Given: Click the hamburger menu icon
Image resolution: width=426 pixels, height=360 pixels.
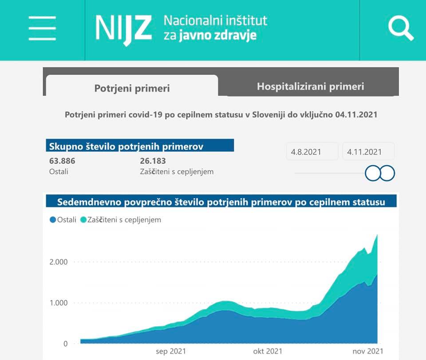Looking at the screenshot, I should click(x=42, y=29).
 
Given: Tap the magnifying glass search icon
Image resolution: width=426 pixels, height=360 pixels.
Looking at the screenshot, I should click(x=401, y=29).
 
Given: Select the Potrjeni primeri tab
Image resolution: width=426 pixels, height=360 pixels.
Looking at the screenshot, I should click(x=132, y=88).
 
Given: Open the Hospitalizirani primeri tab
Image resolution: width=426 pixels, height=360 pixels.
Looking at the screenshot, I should click(x=310, y=86).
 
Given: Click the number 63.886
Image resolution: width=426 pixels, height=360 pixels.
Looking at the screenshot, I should click(x=62, y=161).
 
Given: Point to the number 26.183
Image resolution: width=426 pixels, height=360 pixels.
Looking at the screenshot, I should click(x=153, y=161).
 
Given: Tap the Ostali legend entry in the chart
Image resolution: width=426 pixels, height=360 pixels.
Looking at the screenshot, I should click(x=63, y=219).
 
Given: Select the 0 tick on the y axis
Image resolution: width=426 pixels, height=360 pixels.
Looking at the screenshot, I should click(x=65, y=344).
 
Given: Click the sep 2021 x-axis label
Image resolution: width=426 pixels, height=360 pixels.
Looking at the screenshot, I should click(x=171, y=351).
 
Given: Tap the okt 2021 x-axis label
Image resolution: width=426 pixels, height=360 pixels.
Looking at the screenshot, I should click(x=268, y=351).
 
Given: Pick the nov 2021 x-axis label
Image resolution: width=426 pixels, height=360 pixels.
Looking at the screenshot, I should click(x=365, y=351).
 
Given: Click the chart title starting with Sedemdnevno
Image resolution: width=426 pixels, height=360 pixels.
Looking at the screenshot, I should click(x=221, y=202).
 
